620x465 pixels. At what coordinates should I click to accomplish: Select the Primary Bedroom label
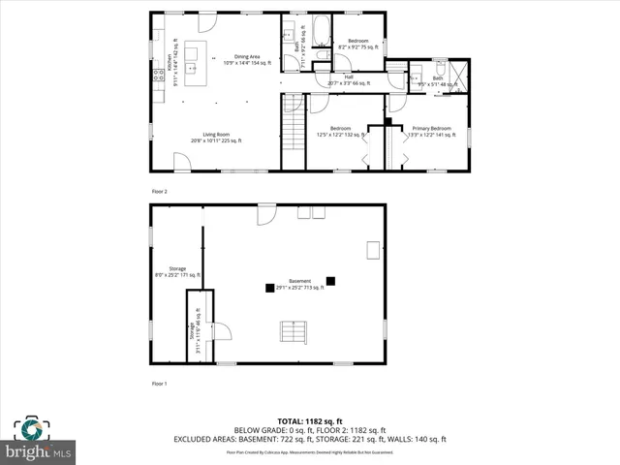point(431,132)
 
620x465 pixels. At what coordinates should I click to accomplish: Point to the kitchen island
point(190,52)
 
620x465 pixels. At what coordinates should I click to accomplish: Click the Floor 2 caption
point(160,192)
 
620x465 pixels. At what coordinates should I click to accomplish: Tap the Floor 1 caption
point(160,385)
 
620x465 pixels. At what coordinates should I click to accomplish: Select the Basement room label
point(299,284)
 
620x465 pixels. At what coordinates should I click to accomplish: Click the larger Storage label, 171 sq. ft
point(177,271)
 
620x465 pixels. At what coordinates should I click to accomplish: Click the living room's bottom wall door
point(182,162)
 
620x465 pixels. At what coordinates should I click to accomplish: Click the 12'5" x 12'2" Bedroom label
point(339,132)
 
